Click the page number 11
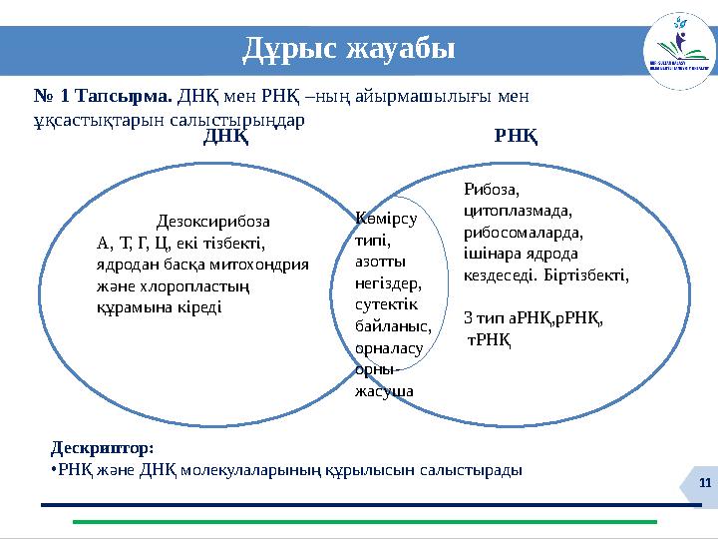pyautogui.click(x=705, y=483)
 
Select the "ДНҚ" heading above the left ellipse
pyautogui.click(x=225, y=137)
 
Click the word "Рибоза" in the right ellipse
pyautogui.click(x=492, y=189)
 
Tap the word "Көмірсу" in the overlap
pyautogui.click(x=384, y=218)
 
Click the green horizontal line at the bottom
pyautogui.click(x=364, y=522)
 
